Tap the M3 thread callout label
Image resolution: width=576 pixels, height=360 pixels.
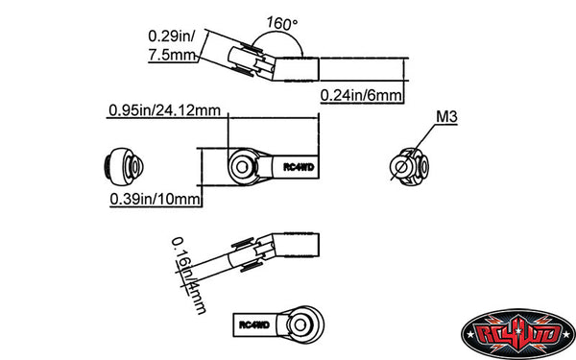[x=445, y=118]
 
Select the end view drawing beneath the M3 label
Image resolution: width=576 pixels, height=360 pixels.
[x=407, y=165]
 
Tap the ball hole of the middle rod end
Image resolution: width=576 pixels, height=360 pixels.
[x=243, y=165]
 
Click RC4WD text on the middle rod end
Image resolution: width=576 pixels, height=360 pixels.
[x=298, y=165]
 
